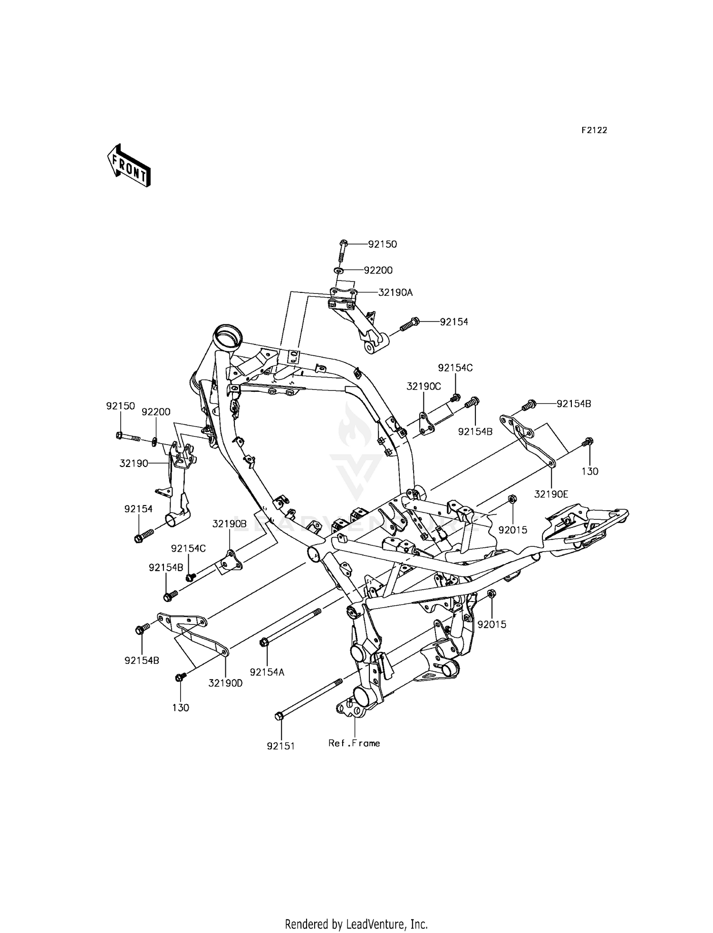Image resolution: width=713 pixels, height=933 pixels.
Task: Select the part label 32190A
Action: pos(395,293)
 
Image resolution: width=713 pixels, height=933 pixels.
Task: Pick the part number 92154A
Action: pos(267,672)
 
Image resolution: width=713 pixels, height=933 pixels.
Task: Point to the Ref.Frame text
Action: pos(354,743)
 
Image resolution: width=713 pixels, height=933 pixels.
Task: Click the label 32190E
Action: pos(551,494)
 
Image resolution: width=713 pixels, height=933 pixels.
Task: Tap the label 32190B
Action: pos(230,524)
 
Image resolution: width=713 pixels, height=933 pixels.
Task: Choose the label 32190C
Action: pos(424,387)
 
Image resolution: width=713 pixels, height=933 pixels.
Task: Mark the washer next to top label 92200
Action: pos(339,271)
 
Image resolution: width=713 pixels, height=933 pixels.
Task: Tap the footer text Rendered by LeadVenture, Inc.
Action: pos(356,911)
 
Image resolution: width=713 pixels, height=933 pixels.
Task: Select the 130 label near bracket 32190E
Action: pos(590,471)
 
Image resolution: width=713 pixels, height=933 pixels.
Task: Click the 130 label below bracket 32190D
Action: pos(181,708)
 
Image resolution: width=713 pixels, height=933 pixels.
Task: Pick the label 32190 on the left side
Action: pos(134,463)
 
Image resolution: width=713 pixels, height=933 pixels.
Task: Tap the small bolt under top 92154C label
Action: pos(455,397)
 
